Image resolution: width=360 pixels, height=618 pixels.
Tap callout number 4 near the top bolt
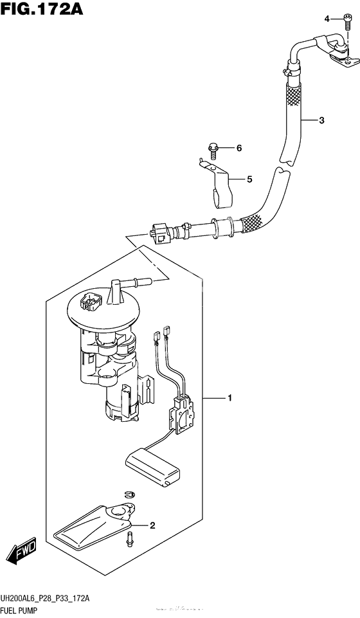point(327,19)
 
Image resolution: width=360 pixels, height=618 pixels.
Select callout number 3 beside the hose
point(321,120)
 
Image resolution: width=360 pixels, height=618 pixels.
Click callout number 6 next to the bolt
point(239,149)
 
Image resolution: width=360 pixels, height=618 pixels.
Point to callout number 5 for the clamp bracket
point(249,179)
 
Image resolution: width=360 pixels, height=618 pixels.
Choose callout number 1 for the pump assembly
point(229,399)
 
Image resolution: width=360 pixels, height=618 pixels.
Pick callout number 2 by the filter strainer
point(152,526)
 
